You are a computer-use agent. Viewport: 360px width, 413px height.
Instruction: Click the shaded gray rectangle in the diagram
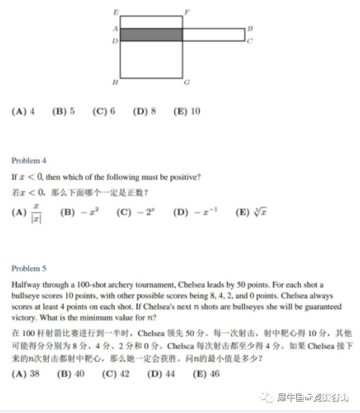[151, 35]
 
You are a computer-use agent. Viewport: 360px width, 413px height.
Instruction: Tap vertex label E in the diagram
[116, 12]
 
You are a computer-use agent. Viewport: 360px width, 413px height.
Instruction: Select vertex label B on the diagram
[250, 28]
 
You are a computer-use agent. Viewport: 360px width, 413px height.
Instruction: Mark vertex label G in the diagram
[187, 83]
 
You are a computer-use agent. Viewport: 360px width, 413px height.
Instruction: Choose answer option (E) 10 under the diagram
[187, 112]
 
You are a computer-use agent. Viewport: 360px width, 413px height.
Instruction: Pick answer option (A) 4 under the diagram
[23, 112]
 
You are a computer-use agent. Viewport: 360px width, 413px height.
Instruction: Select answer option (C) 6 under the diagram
[104, 112]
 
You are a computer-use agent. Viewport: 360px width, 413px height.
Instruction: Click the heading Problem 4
[29, 160]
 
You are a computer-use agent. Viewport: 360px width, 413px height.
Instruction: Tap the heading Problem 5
[29, 268]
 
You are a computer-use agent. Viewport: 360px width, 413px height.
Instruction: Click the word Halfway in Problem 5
[26, 285]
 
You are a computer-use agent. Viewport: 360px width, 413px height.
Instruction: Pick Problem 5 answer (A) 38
[25, 374]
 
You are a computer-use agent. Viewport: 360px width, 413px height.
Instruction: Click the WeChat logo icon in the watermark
[268, 397]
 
